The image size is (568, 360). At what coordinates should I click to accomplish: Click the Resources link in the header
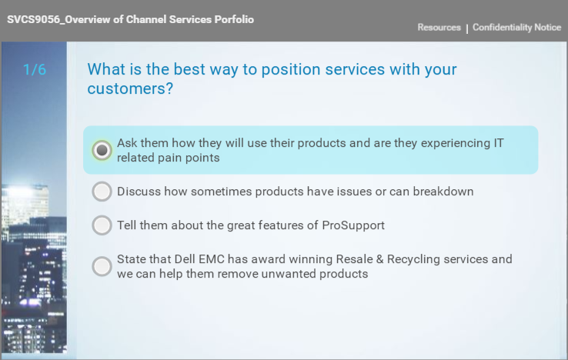click(x=439, y=27)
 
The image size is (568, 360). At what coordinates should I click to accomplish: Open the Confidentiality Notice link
click(x=517, y=27)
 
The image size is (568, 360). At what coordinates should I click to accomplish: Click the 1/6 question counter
click(x=35, y=69)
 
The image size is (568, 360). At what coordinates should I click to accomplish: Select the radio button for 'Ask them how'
click(x=102, y=150)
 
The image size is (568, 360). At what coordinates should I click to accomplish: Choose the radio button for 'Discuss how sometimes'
click(x=102, y=192)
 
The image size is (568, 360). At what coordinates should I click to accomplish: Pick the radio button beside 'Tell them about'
click(x=102, y=225)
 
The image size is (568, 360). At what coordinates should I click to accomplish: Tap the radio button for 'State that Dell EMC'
click(x=102, y=267)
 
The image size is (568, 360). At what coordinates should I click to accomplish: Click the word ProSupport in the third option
click(x=353, y=225)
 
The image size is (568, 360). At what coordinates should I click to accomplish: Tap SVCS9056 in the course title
click(x=33, y=19)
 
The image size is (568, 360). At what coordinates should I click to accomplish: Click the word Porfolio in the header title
click(x=234, y=19)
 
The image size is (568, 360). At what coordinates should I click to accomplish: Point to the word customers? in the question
click(x=130, y=88)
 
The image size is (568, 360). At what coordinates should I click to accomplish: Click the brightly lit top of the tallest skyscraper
click(x=26, y=191)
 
